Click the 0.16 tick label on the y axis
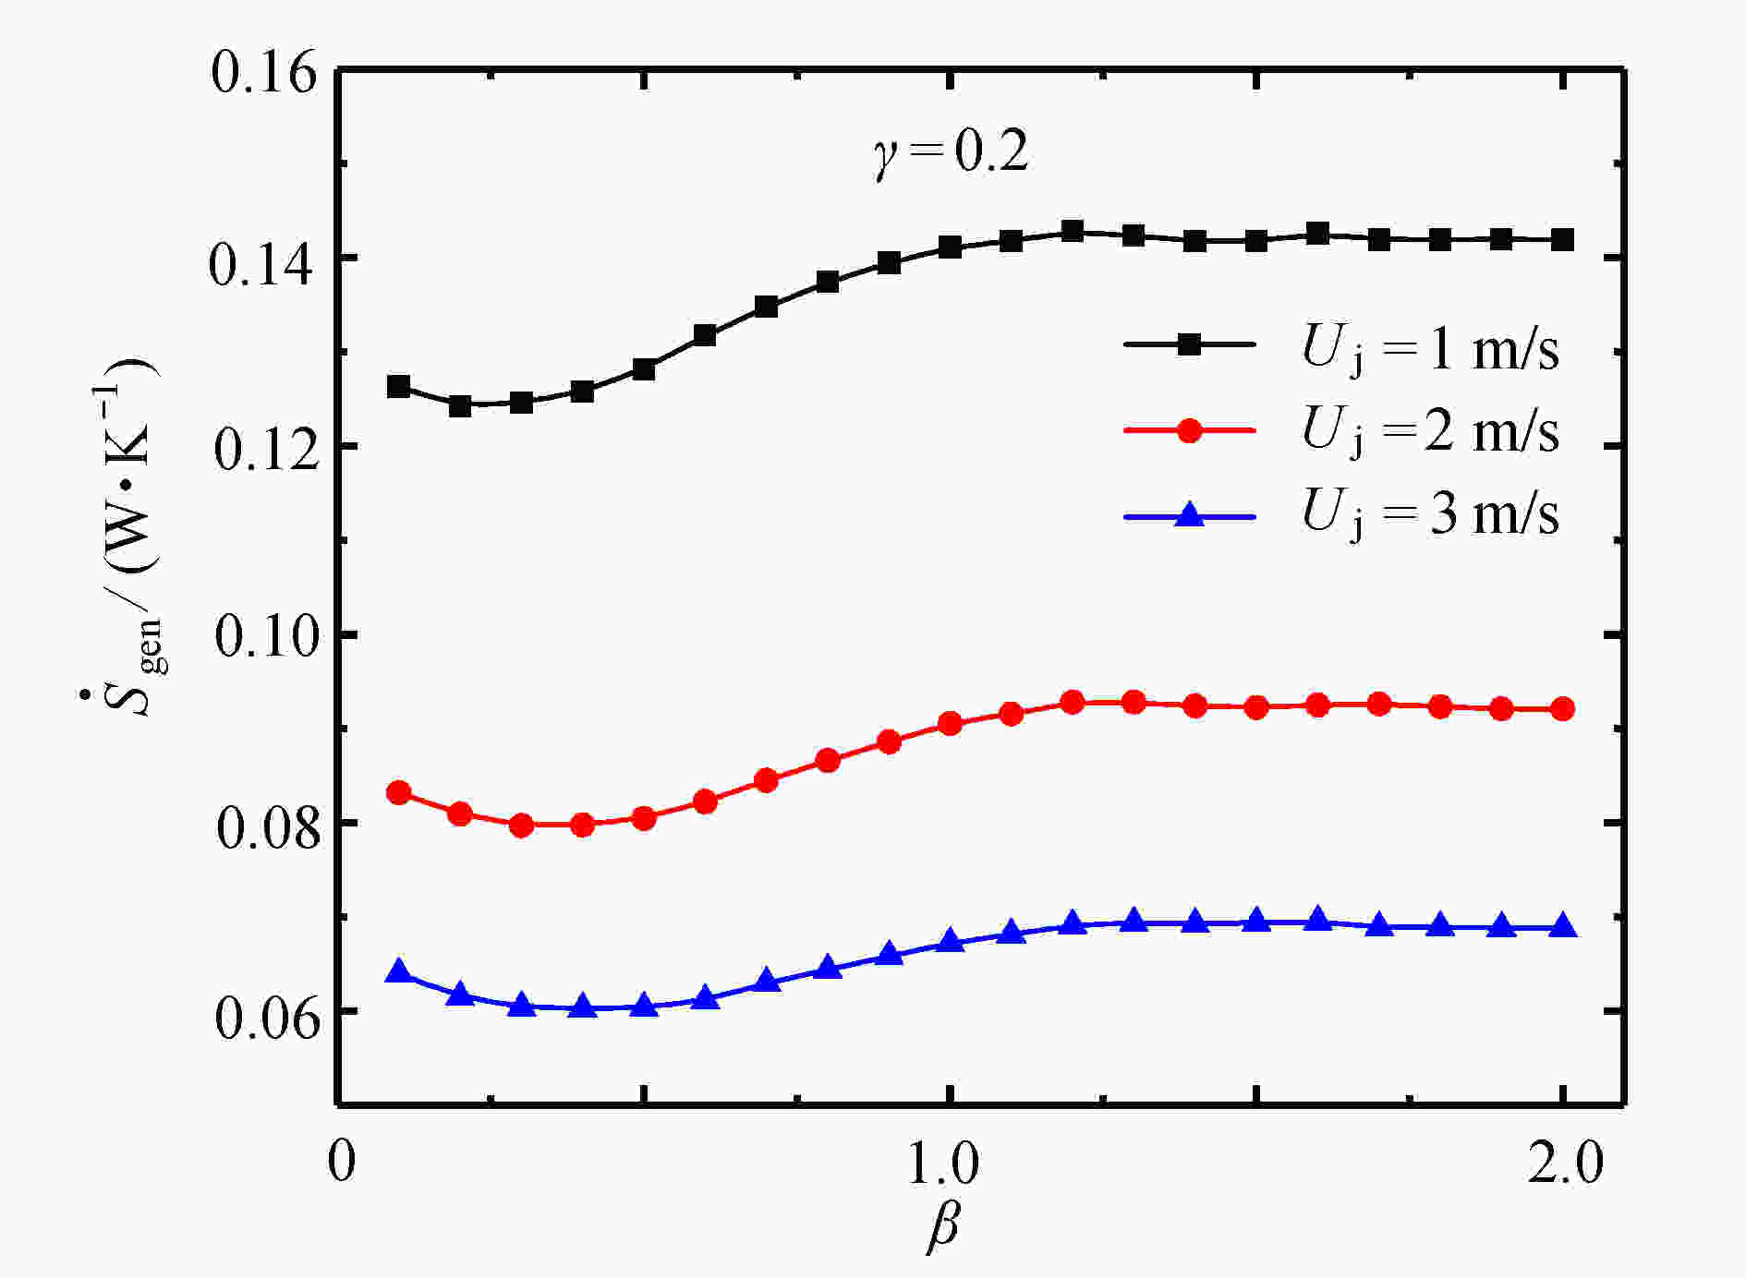(x=263, y=72)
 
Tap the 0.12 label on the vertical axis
(x=263, y=450)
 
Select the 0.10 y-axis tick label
(x=263, y=637)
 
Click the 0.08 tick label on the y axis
(x=263, y=826)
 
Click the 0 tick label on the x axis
(x=341, y=1162)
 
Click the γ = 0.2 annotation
(x=952, y=152)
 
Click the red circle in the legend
(x=1190, y=430)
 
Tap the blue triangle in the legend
(x=1190, y=514)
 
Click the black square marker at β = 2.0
(x=1562, y=240)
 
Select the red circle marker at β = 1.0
(x=950, y=723)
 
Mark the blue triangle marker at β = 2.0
(x=1562, y=926)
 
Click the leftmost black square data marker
(x=398, y=386)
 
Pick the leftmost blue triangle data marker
(x=398, y=971)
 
